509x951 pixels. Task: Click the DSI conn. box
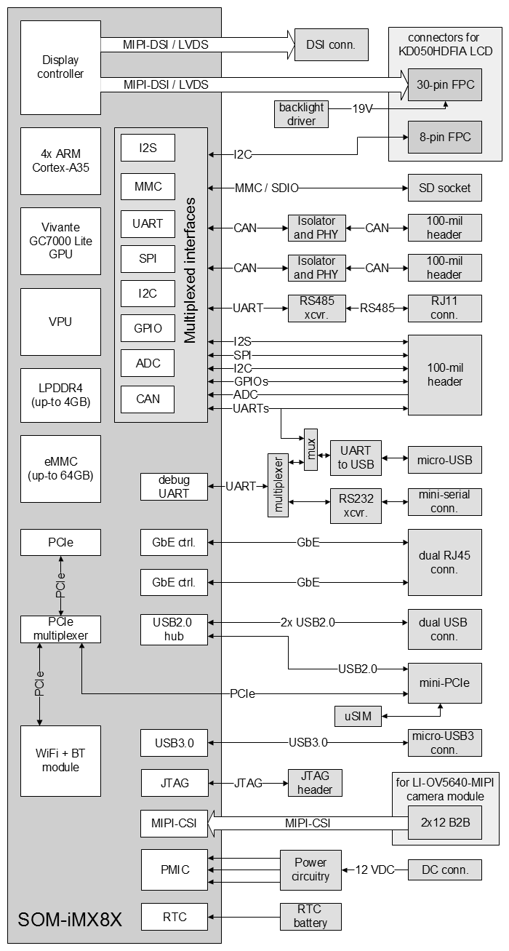point(332,44)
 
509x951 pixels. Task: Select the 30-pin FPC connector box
point(445,84)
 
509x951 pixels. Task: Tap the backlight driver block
point(301,114)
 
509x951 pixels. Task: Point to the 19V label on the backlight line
point(362,109)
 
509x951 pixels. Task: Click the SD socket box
point(445,188)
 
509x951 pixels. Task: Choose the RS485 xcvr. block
point(317,309)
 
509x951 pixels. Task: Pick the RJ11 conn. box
point(445,309)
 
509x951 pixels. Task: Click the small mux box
point(311,450)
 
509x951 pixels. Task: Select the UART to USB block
point(356,458)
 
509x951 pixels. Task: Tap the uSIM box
point(358,716)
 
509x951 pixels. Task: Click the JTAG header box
point(315,783)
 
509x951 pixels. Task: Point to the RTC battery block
point(310,917)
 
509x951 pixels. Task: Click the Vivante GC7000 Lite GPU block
point(60,241)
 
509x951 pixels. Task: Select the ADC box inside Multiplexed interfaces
point(148,363)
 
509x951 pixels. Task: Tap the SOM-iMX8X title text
point(70,920)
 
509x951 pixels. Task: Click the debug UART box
point(174,487)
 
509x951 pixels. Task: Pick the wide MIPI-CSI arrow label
point(308,824)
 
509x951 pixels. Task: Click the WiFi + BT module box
point(60,761)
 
